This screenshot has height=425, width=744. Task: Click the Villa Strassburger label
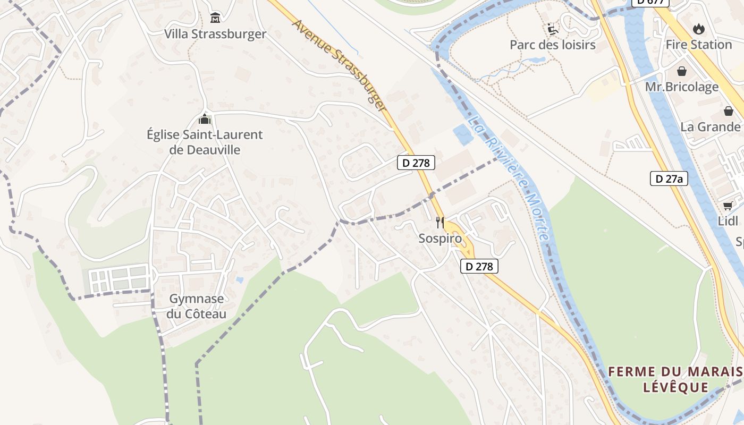(x=215, y=34)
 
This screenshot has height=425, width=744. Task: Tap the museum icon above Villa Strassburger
(x=215, y=18)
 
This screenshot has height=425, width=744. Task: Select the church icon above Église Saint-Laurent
(x=205, y=119)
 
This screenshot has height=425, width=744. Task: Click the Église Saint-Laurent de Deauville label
(x=205, y=142)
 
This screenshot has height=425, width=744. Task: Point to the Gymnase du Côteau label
(x=196, y=306)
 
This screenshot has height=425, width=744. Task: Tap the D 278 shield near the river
(x=416, y=163)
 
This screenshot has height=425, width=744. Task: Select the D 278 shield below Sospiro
(x=479, y=266)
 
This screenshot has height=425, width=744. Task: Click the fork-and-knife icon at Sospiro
(x=440, y=222)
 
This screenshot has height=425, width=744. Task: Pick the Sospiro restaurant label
(x=440, y=239)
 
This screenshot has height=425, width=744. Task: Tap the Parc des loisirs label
(x=553, y=45)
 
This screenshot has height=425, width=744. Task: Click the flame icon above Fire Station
(x=698, y=29)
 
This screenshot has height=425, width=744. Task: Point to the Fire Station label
(x=699, y=45)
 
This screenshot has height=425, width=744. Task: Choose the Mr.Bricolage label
(x=682, y=87)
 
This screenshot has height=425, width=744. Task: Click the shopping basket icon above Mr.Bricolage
(x=682, y=71)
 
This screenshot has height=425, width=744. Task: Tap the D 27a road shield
(x=669, y=178)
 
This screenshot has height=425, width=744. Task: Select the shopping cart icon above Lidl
(x=728, y=206)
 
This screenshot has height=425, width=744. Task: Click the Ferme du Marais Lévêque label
(x=675, y=379)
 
